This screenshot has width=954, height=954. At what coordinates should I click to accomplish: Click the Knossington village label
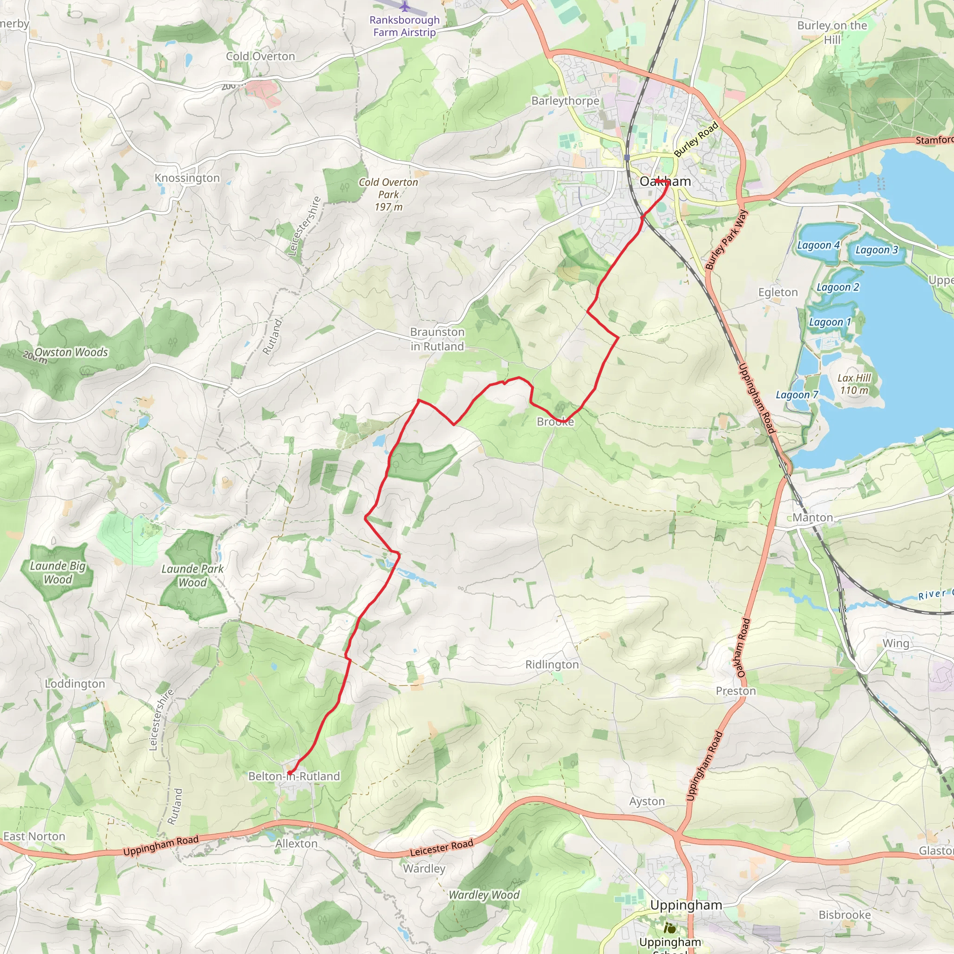187,178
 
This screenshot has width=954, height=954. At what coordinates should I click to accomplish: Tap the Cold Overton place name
260,56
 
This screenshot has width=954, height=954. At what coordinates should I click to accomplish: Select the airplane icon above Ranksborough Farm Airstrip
405,7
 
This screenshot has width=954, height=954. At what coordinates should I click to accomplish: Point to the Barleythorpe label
566,101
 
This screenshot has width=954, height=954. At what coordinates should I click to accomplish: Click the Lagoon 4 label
818,245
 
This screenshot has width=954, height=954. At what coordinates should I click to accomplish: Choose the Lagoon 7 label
797,395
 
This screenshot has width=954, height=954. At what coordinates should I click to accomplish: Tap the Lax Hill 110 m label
854,384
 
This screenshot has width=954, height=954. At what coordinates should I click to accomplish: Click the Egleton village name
778,293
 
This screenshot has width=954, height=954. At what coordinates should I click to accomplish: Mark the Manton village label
813,518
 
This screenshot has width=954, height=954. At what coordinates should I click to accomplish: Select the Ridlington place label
552,665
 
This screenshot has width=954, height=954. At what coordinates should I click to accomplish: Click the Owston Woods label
71,352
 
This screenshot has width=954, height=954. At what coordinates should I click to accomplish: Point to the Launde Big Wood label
58,573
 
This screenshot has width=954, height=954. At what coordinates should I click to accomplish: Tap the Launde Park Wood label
192,576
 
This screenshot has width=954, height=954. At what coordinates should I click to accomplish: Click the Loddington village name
75,684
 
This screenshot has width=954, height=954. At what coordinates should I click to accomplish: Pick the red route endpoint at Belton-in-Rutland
289,773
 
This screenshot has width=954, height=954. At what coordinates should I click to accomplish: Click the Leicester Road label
442,848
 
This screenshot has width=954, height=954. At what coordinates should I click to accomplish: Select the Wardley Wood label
484,895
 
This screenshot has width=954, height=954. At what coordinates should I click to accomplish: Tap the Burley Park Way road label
726,240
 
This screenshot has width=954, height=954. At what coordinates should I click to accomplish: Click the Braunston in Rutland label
437,339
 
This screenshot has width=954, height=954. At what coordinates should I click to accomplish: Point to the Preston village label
736,691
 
